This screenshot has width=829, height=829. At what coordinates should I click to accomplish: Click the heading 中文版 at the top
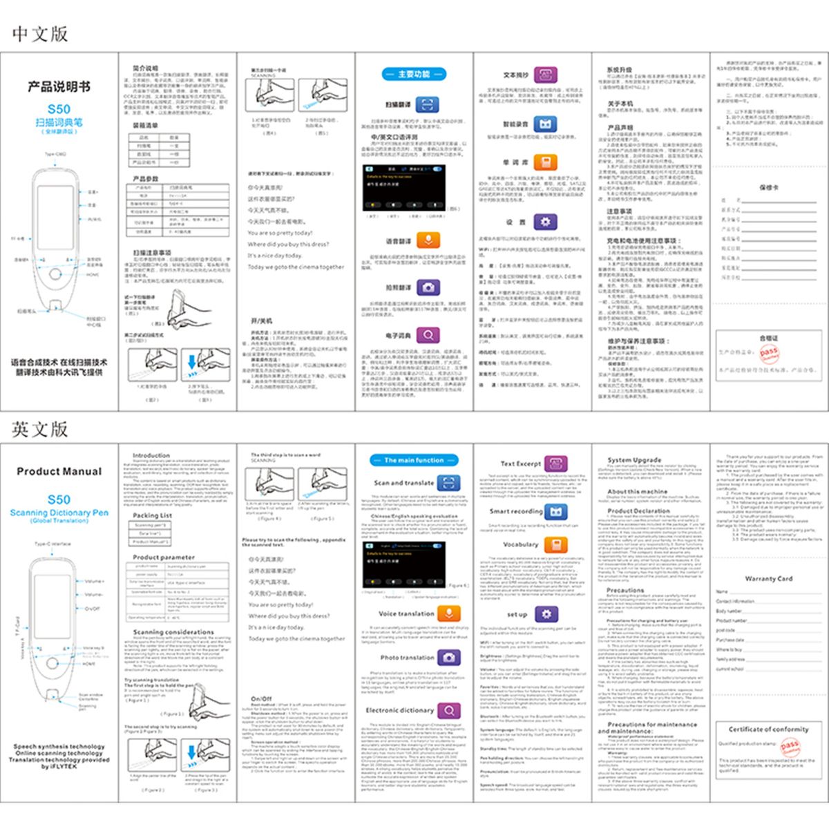[x=40, y=34]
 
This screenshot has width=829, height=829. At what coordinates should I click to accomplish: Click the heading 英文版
[x=40, y=429]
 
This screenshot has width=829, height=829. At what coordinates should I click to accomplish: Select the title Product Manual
[x=59, y=472]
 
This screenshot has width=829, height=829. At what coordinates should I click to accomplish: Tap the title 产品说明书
[x=59, y=87]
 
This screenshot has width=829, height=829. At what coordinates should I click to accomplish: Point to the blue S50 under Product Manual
[x=59, y=499]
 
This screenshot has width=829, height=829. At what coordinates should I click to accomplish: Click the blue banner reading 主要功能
[x=414, y=74]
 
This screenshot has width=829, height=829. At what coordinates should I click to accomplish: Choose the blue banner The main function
[x=414, y=460]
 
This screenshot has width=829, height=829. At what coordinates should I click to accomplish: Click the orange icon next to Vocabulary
[x=555, y=544]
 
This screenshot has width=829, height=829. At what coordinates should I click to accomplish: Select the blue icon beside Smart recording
[x=555, y=512]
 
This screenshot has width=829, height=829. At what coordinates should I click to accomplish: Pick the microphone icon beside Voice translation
[x=449, y=613]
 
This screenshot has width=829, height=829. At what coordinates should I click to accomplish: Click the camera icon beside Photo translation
[x=449, y=658]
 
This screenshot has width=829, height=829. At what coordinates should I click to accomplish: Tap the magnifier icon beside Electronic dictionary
[x=449, y=710]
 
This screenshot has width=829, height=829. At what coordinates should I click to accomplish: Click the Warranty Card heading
[x=768, y=579]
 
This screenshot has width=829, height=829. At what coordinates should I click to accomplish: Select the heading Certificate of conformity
[x=768, y=729]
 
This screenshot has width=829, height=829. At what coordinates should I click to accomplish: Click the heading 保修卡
[x=768, y=187]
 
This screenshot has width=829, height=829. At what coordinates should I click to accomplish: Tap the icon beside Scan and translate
[x=449, y=483]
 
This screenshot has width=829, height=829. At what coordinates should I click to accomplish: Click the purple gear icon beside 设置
[x=545, y=222]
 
